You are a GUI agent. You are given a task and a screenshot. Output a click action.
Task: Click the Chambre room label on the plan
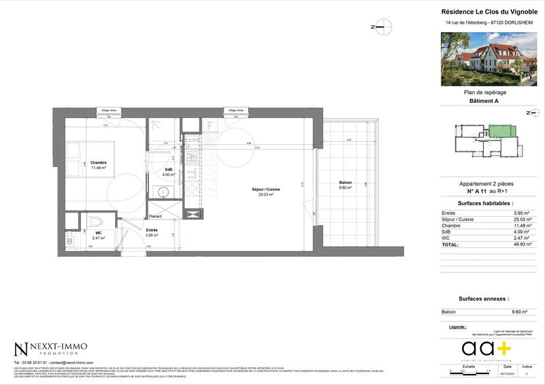point(99,162)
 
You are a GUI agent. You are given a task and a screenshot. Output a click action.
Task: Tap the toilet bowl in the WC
point(95,221)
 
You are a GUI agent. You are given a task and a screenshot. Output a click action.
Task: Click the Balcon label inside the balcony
point(345,182)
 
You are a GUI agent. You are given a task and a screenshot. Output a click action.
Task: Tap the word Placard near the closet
point(156,217)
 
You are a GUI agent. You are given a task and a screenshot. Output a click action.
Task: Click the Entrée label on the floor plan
point(152,230)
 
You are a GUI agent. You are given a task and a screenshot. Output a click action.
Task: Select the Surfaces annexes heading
point(484,299)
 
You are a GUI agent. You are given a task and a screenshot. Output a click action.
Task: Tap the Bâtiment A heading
point(484,101)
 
